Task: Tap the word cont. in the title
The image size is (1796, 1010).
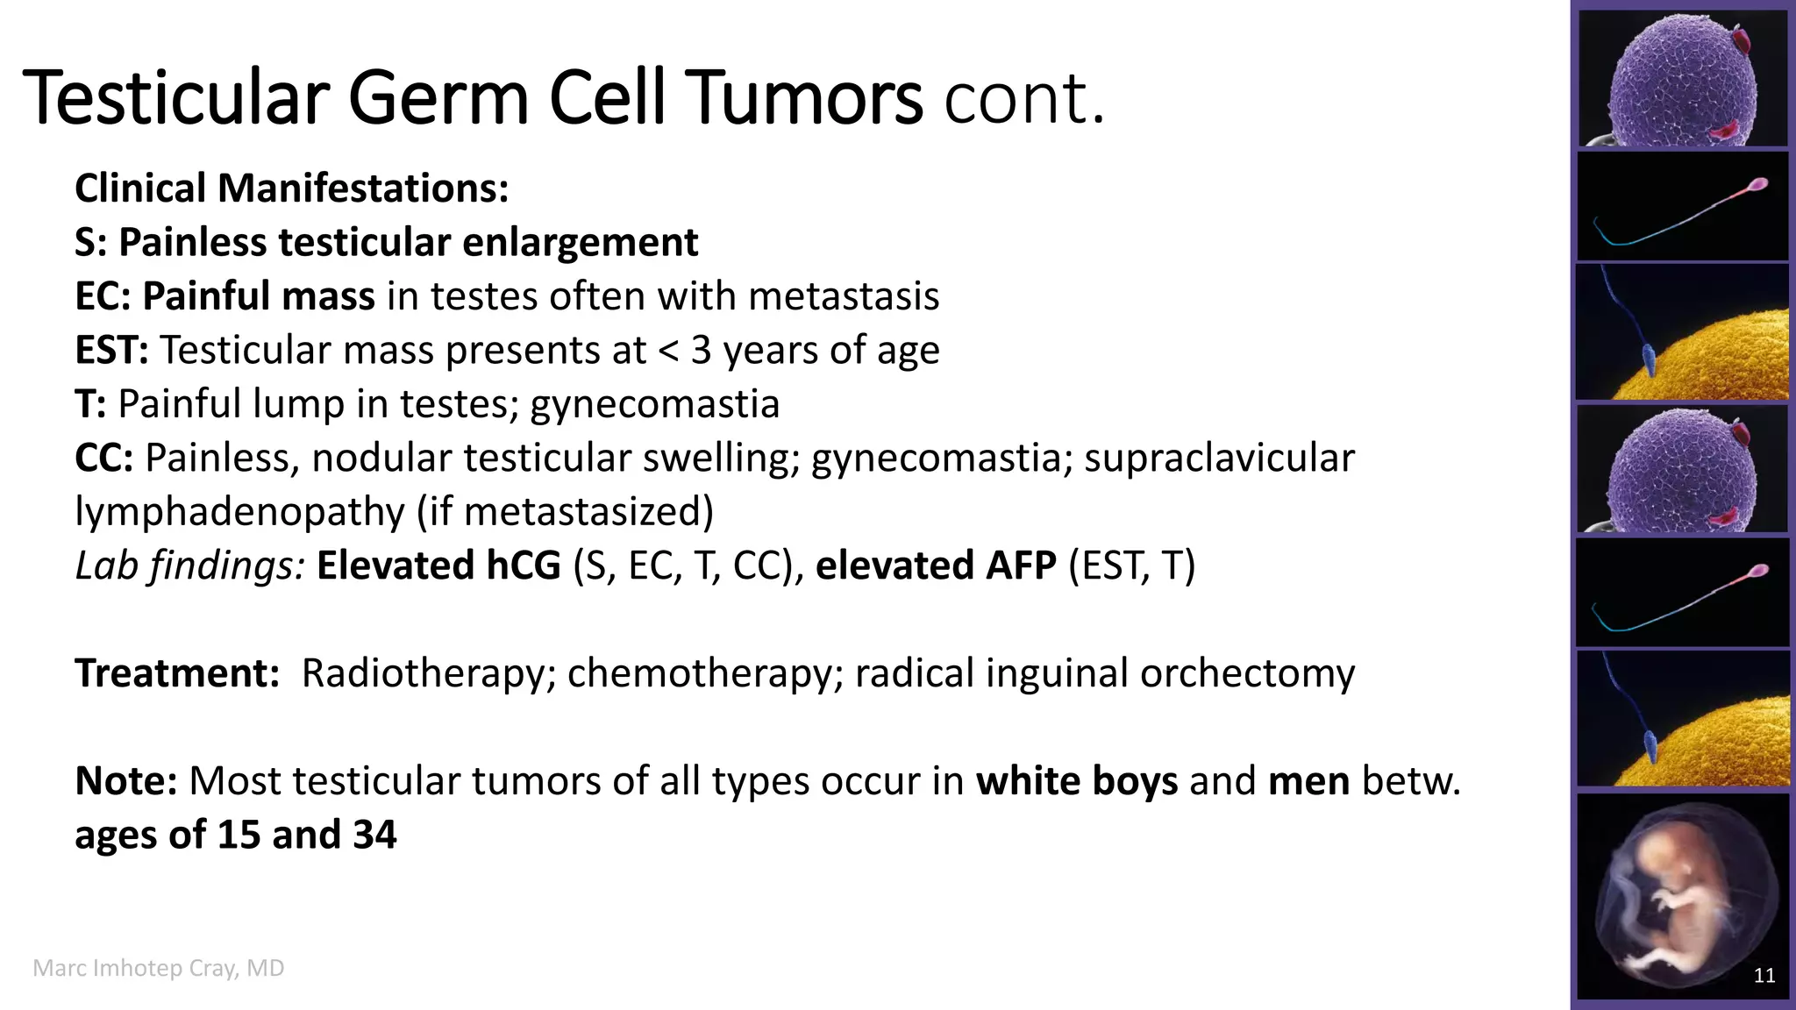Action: (1023, 98)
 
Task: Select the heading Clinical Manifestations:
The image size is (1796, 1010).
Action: (291, 188)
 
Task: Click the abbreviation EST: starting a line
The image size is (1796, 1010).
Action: (111, 351)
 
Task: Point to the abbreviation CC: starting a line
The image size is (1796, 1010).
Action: (103, 459)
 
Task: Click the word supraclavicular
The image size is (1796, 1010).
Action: (1219, 459)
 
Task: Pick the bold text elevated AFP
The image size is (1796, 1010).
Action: (936, 565)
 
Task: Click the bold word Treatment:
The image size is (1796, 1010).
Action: (177, 673)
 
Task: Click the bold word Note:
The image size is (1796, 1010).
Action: (126, 781)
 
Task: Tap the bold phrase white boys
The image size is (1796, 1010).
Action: (1077, 781)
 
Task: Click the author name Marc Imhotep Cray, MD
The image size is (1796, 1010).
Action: (159, 968)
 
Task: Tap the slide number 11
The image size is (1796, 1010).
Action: (1764, 976)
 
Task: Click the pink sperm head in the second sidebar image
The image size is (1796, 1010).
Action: (1757, 185)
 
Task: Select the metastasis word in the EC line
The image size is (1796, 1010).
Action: (844, 296)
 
